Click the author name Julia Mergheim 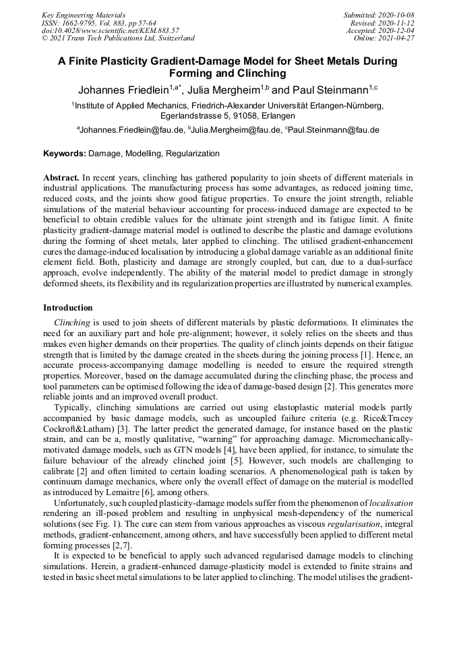click(224, 90)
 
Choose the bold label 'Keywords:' click(65, 154)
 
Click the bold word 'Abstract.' click(61, 178)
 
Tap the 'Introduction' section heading click(68, 307)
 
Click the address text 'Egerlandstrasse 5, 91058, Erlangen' click(228, 116)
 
